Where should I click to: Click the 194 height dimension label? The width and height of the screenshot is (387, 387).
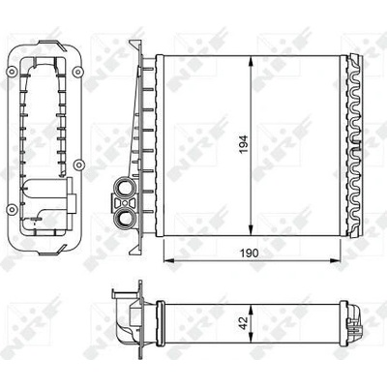tap(245, 144)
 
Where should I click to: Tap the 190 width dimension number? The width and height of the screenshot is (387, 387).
tap(250, 253)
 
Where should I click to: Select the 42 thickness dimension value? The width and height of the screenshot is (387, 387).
tap(244, 323)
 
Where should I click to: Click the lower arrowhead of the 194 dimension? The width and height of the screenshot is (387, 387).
tap(252, 229)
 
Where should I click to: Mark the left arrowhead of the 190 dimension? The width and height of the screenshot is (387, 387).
tap(170, 260)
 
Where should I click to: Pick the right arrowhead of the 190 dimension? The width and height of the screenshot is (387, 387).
tap(335, 260)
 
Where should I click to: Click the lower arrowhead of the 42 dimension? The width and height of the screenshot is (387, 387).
tap(252, 338)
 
